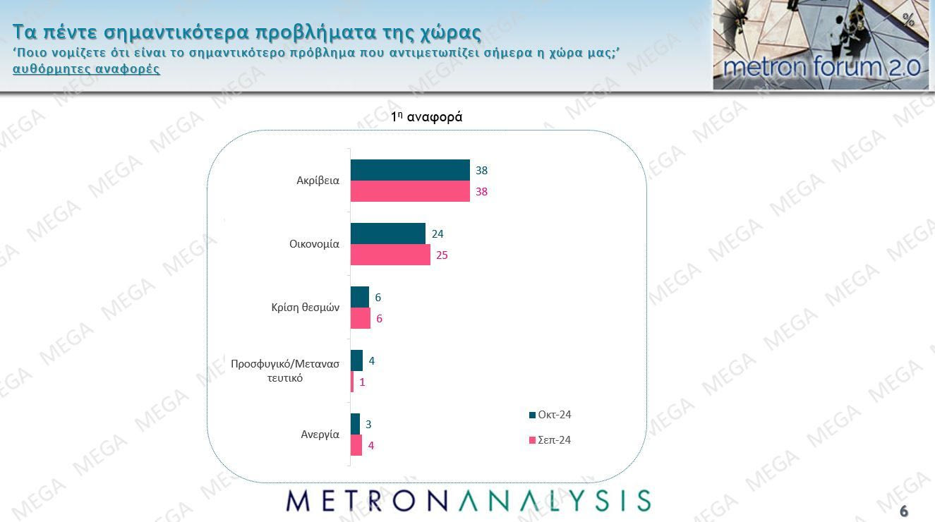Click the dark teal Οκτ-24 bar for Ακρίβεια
[409, 170]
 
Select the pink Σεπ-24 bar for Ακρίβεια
[409, 191]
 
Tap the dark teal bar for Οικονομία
[387, 233]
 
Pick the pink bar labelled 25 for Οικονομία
[390, 255]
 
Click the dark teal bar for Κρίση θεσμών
[360, 297]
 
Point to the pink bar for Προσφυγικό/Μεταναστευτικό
[352, 382]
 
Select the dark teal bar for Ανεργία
[355, 424]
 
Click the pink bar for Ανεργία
[356, 445]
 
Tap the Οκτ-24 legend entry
[550, 415]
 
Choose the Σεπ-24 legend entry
[550, 440]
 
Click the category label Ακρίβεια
[318, 181]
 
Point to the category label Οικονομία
[314, 244]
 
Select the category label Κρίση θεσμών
[305, 308]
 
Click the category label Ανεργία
[320, 435]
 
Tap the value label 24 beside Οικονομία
[438, 233]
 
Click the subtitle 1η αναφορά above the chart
[427, 117]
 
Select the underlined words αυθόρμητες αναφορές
[86, 69]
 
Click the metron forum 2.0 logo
[821, 46]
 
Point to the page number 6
[904, 511]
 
